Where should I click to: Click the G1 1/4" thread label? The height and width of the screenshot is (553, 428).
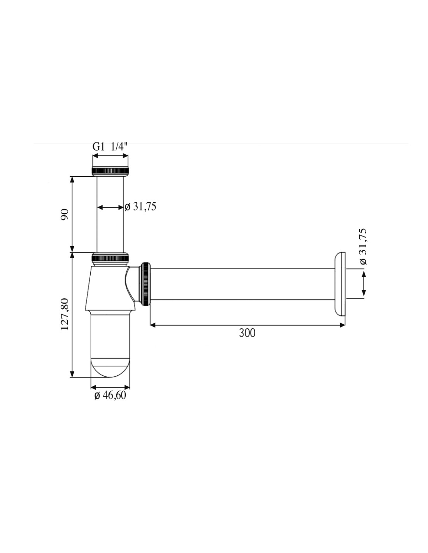click(109, 147)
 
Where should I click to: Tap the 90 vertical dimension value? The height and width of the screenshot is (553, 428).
click(65, 214)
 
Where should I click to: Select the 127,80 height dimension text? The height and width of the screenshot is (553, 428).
click(65, 314)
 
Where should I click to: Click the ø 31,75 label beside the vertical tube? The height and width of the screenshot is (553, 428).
click(140, 206)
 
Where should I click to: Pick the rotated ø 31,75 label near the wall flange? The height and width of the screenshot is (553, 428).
click(363, 246)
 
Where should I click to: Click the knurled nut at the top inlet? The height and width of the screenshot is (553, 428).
click(110, 171)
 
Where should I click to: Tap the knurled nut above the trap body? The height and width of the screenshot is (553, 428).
click(110, 257)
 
